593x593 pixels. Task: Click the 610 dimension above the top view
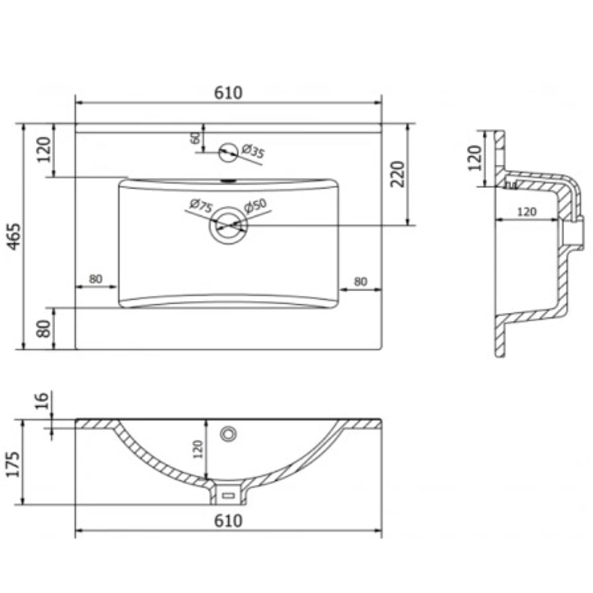[228, 93]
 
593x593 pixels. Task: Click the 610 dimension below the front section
[228, 521]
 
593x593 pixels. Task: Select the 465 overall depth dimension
[14, 236]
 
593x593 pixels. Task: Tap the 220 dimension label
[398, 174]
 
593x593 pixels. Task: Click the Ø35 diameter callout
[252, 151]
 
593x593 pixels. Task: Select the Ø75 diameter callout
[201, 206]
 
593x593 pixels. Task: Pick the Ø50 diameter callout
[255, 206]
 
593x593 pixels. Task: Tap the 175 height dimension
[14, 465]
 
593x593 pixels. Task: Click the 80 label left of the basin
[95, 279]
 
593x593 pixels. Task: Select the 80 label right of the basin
[360, 281]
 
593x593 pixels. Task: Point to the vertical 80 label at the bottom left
[44, 328]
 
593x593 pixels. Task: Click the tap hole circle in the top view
[229, 151]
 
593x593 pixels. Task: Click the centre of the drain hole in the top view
[229, 225]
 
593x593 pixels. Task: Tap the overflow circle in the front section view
[228, 434]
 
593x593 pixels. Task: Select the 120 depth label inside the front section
[198, 449]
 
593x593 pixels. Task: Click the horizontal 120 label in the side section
[527, 212]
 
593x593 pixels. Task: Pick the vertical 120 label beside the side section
[475, 158]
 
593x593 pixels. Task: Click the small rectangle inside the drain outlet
[228, 495]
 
